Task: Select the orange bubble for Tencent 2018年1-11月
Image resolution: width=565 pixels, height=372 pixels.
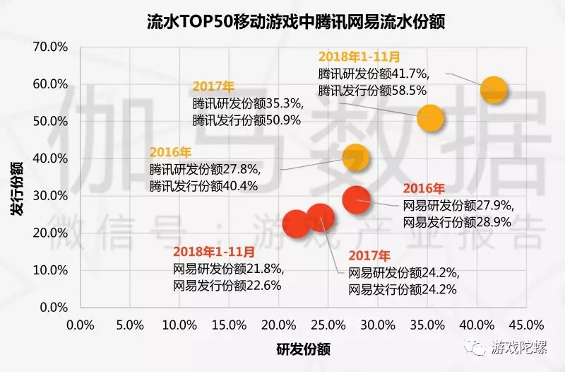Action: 494,90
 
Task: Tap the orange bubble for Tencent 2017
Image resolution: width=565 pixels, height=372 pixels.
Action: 430,118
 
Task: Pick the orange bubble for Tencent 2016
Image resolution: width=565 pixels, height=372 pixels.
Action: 355,157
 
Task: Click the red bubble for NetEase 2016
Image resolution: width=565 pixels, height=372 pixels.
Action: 356,199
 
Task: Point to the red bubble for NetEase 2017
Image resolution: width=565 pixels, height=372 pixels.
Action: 319,218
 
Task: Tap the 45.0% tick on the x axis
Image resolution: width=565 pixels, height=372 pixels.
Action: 526,325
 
